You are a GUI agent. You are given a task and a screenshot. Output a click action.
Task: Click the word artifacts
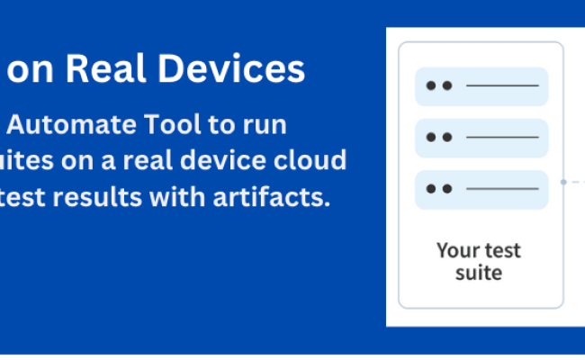279,197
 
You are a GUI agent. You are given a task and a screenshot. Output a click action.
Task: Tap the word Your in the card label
455,249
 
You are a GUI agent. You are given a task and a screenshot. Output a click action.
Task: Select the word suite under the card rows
479,271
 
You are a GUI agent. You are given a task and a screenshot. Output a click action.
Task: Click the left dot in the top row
431,86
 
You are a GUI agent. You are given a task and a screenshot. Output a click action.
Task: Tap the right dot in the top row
447,86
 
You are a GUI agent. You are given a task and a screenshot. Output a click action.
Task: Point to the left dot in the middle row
431,137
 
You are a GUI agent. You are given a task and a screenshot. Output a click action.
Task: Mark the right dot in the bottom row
447,189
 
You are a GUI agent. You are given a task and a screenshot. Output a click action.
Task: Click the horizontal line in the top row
502,86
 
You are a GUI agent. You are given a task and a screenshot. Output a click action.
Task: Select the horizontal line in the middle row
502,137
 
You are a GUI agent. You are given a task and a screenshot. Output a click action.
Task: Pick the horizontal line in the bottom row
502,189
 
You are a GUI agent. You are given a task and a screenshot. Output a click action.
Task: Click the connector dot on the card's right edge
563,182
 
